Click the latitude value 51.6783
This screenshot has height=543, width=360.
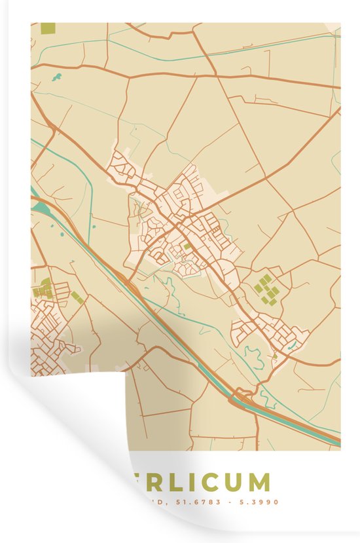pos(203,502)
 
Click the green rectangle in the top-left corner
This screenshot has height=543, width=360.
pos(48,28)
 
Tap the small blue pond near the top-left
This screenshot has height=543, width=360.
pos(57,77)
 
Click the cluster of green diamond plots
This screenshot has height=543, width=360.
pos(267,289)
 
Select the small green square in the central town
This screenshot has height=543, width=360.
pos(188,246)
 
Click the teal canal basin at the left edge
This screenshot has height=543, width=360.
pos(39,208)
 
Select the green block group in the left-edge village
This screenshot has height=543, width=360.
pos(43,288)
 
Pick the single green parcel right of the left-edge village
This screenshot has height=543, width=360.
pos(77,297)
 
